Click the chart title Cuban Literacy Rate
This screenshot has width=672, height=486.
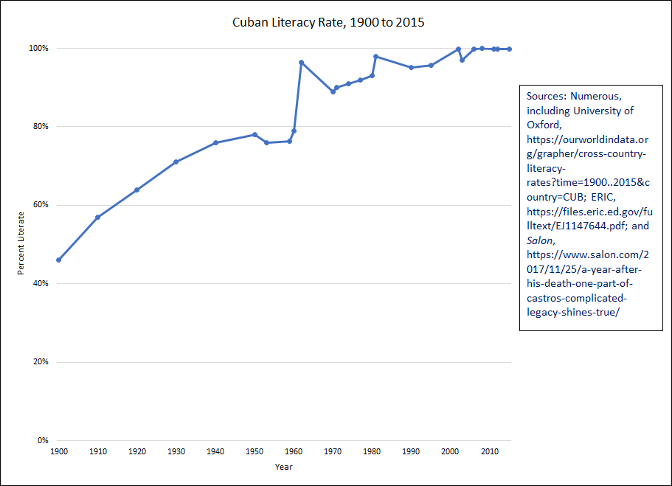[x=328, y=23]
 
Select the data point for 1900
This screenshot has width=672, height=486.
[x=58, y=260]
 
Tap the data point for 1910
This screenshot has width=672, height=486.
[x=97, y=217]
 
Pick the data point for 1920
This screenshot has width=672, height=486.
[x=136, y=190]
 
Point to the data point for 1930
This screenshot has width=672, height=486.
[x=176, y=162]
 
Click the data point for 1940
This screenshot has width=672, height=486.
[x=215, y=142]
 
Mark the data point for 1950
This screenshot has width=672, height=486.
[x=254, y=134]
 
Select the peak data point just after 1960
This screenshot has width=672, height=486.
[x=301, y=62]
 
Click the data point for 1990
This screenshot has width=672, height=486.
[x=411, y=67]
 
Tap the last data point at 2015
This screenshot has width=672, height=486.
[x=509, y=49]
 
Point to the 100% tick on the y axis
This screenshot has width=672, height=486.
[x=38, y=48]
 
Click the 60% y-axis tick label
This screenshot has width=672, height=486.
[x=40, y=205]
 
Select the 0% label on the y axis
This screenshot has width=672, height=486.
[x=43, y=440]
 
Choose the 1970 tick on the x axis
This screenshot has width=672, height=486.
[x=333, y=451]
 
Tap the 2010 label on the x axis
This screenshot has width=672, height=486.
[x=489, y=451]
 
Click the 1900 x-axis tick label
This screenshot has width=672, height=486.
[x=58, y=451]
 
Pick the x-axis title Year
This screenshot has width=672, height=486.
[x=283, y=467]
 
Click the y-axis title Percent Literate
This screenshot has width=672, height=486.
[x=22, y=243]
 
